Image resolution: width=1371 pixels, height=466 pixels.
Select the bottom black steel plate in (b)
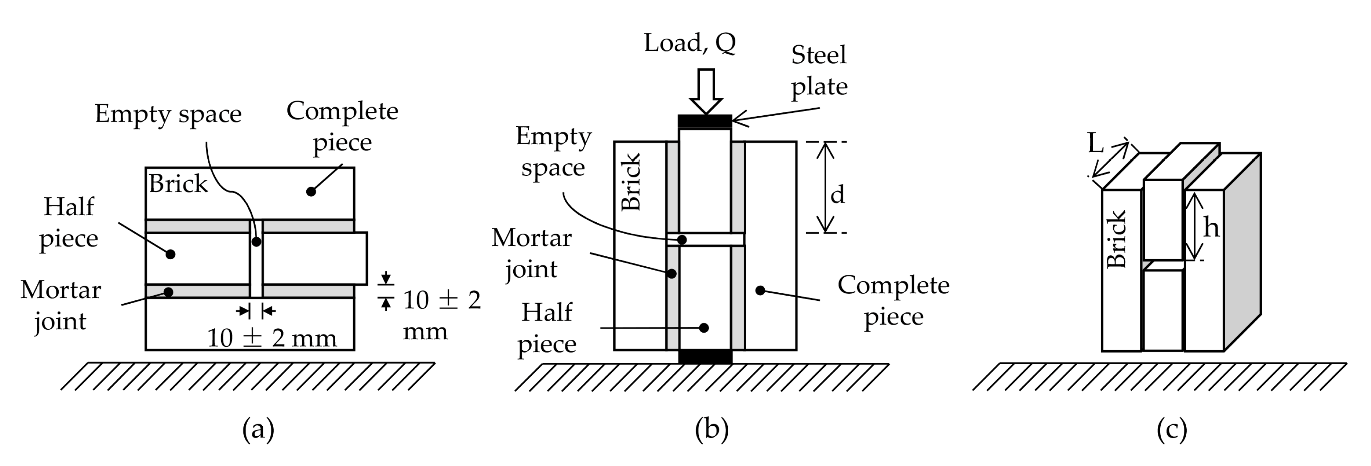705,356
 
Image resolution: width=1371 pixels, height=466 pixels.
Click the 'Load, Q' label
690,43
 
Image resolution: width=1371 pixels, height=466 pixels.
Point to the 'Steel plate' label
819,70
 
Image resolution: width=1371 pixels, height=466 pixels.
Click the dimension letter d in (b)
837,195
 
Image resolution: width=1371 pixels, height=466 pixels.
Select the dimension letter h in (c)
1211,228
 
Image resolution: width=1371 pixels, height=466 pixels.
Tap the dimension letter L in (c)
1095,143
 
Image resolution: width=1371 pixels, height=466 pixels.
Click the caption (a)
258,429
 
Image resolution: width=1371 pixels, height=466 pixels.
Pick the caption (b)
711,429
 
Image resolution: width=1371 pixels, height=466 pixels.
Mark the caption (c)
1172,429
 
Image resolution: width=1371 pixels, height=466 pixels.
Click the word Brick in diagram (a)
178,184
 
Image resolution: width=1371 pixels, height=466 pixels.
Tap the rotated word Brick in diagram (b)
631,182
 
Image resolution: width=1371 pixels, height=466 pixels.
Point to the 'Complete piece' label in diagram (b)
893,301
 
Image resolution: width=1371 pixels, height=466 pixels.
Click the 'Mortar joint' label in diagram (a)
61,306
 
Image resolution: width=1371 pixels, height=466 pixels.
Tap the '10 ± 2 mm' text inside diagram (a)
272,338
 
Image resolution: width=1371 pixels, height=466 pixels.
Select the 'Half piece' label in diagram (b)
546,328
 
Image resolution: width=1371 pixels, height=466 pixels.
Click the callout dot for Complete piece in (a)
311,191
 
